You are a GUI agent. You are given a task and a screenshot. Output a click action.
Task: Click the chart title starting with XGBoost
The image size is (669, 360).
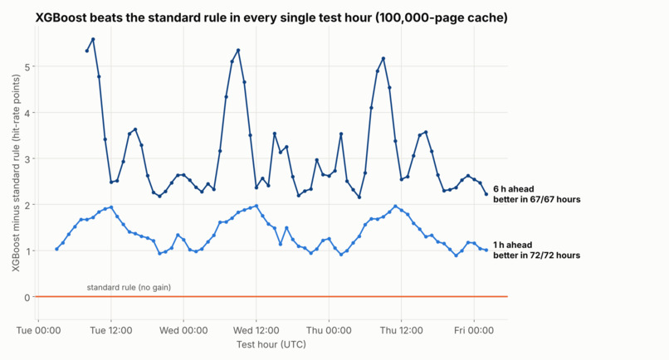tap(271, 17)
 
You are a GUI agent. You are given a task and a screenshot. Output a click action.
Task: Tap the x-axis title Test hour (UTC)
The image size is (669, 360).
tap(271, 344)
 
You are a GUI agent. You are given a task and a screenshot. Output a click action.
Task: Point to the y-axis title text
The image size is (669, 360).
tap(16, 173)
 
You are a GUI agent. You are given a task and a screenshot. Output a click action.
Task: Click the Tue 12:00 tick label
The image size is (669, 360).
tap(111, 330)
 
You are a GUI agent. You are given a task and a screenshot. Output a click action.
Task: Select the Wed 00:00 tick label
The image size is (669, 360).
tap(183, 330)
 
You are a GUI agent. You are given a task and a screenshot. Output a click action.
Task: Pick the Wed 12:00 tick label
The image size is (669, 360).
tap(256, 330)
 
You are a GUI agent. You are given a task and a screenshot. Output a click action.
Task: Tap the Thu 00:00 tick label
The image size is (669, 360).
tap(329, 330)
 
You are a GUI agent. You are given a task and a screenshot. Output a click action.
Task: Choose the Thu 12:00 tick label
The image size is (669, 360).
tap(402, 330)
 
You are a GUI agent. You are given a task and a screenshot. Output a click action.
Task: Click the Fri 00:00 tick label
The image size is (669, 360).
tap(474, 330)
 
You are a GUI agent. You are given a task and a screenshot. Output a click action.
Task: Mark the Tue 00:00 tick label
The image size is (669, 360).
tap(38, 330)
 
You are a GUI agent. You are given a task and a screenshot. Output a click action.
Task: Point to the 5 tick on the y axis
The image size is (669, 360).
tap(27, 67)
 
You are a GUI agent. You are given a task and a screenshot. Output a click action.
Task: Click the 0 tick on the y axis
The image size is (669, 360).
tap(27, 297)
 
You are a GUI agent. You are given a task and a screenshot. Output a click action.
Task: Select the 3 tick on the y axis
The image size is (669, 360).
tap(27, 159)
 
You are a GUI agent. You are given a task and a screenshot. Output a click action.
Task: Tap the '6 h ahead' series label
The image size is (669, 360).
tap(513, 189)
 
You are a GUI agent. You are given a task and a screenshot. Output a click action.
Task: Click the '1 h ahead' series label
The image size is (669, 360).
tap(512, 245)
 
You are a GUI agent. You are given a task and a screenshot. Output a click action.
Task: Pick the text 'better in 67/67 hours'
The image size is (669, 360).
tap(537, 199)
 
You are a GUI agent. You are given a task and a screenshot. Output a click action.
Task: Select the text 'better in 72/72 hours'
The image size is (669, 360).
tap(537, 255)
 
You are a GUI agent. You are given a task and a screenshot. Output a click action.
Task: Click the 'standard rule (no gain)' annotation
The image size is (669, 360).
tap(129, 288)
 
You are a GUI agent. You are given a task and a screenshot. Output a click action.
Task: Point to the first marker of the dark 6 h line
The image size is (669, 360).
tap(87, 51)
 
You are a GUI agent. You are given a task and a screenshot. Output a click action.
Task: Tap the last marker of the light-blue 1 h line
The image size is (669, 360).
tap(486, 251)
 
